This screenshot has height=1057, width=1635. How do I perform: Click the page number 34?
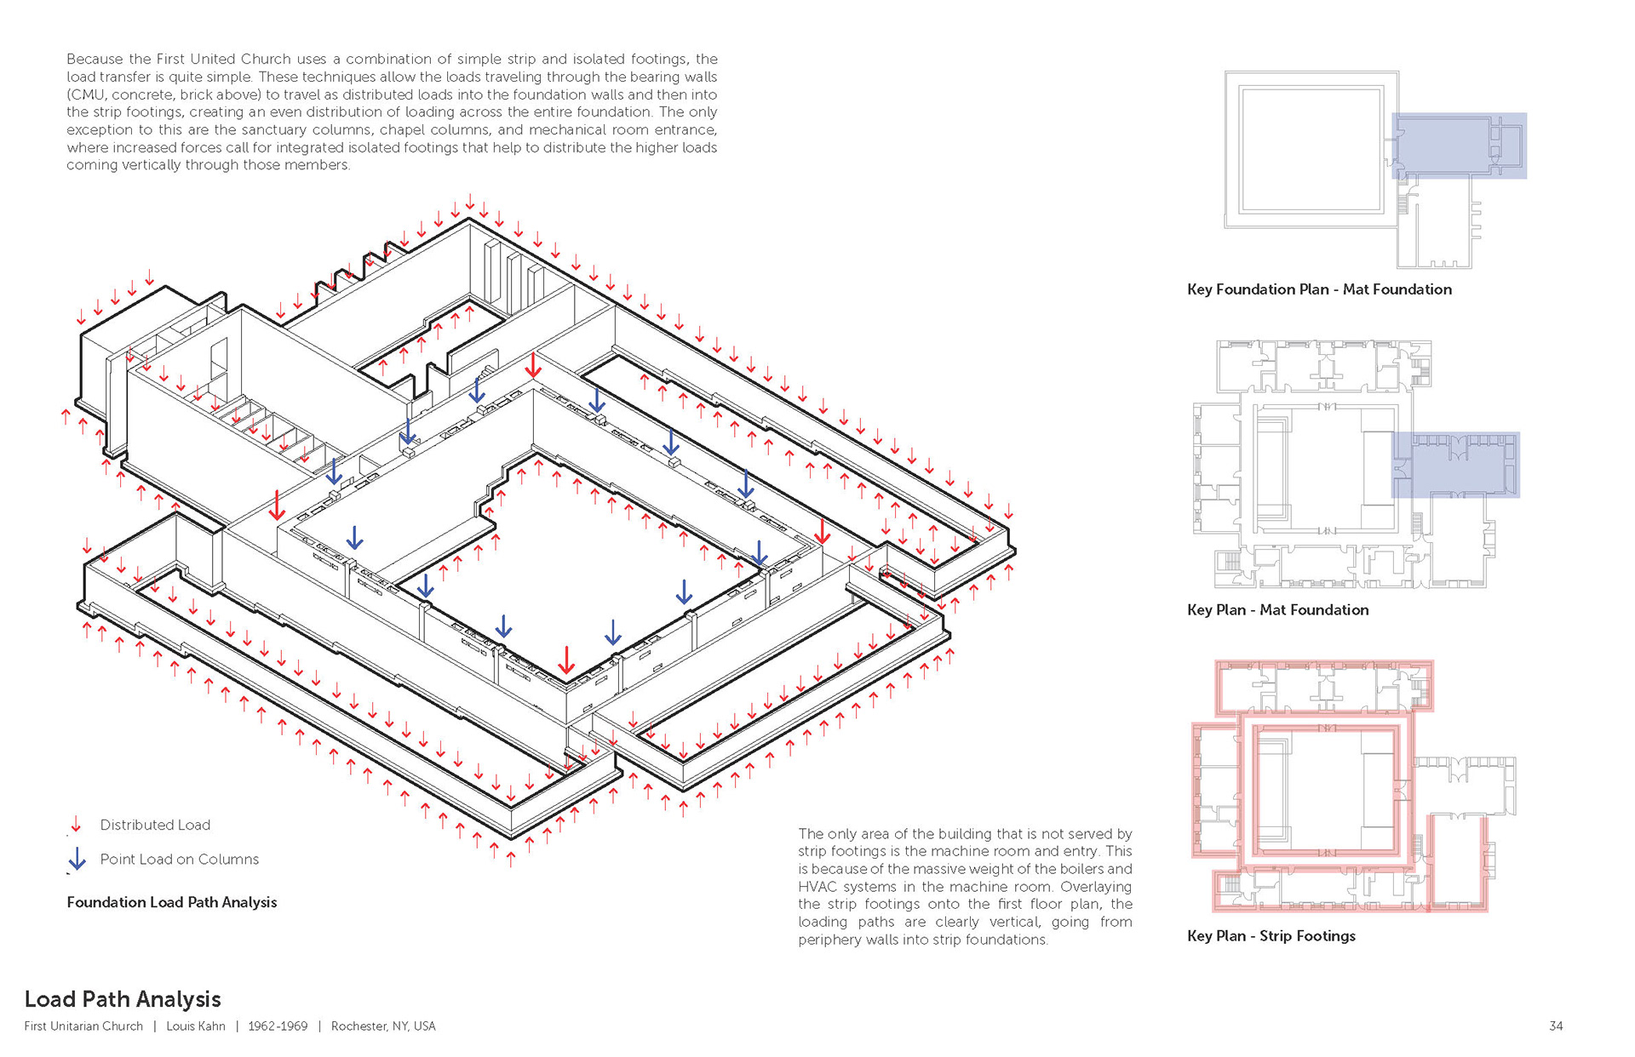(x=1556, y=1026)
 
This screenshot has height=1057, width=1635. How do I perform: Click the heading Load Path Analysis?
(x=123, y=999)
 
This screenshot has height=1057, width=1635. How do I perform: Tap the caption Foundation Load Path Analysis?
(x=172, y=902)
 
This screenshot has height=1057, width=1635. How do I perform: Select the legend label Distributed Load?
(x=155, y=825)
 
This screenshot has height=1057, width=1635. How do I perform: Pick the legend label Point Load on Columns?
(x=179, y=860)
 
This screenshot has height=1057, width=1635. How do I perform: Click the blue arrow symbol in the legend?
(x=77, y=859)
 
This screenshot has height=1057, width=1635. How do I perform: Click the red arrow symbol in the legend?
(x=76, y=824)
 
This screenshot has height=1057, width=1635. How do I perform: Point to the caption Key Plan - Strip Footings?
(x=1271, y=936)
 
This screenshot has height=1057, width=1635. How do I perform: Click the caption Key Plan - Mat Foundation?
(x=1277, y=610)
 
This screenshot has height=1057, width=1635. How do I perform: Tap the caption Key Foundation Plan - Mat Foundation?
(x=1319, y=289)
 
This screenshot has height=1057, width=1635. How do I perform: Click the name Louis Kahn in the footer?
(x=196, y=1026)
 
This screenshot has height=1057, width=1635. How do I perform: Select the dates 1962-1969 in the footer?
(x=278, y=1026)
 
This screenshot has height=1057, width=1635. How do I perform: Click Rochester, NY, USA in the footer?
(x=383, y=1026)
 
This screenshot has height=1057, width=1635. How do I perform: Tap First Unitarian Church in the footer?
(x=83, y=1026)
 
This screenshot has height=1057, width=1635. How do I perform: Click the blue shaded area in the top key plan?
(x=1459, y=146)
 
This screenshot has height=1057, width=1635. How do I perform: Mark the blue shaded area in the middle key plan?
(x=1455, y=465)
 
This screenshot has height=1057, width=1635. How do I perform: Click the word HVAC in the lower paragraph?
(x=818, y=887)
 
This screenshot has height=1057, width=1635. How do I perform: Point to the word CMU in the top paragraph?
(x=83, y=94)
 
